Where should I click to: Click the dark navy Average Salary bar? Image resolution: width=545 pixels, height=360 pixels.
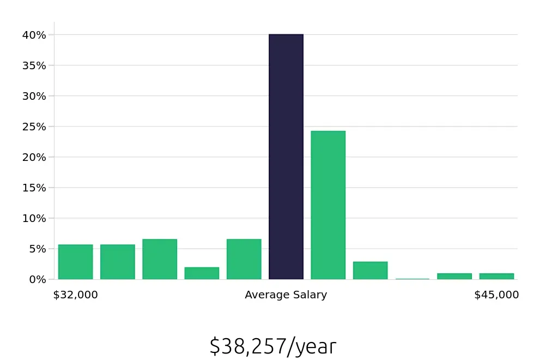[286, 157]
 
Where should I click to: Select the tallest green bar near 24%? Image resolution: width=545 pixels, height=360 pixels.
[328, 205]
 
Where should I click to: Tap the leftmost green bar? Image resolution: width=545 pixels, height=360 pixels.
[75, 262]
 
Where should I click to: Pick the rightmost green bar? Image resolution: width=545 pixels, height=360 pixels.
[496, 276]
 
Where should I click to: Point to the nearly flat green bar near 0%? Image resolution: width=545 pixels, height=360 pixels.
[413, 279]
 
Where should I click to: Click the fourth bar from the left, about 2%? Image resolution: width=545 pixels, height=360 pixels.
[202, 273]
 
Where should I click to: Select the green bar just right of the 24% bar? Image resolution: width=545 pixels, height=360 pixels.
[370, 271]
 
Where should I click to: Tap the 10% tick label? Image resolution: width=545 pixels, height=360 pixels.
[35, 218]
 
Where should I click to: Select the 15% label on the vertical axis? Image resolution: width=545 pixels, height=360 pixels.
[35, 188]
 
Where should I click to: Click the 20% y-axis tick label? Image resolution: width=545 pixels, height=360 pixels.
[35, 157]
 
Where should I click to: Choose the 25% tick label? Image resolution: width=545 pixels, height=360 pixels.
[35, 127]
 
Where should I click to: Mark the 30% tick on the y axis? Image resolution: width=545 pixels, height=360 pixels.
[35, 96]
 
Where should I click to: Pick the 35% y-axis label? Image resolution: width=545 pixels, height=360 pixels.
[35, 65]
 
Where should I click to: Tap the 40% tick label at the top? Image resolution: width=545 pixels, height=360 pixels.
[35, 35]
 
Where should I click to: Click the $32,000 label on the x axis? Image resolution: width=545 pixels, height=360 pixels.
[75, 295]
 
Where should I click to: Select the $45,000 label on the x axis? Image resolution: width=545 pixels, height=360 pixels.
[496, 295]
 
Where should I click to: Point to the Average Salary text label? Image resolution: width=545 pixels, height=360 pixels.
[286, 295]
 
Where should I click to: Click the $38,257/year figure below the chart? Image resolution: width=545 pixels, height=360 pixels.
[272, 347]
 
